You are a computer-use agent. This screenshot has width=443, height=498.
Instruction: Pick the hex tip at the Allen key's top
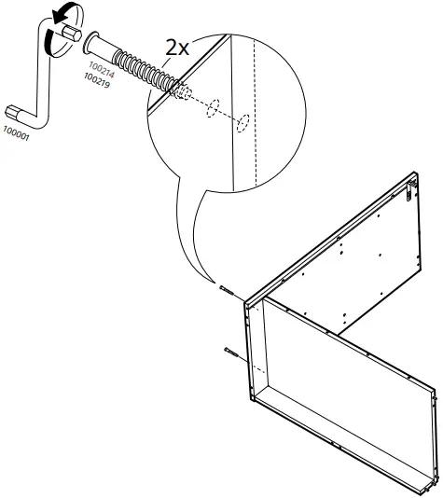tap(67, 32)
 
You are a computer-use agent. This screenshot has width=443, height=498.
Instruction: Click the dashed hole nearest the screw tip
tap(184, 93)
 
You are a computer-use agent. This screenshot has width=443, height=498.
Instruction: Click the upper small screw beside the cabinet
tap(227, 290)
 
